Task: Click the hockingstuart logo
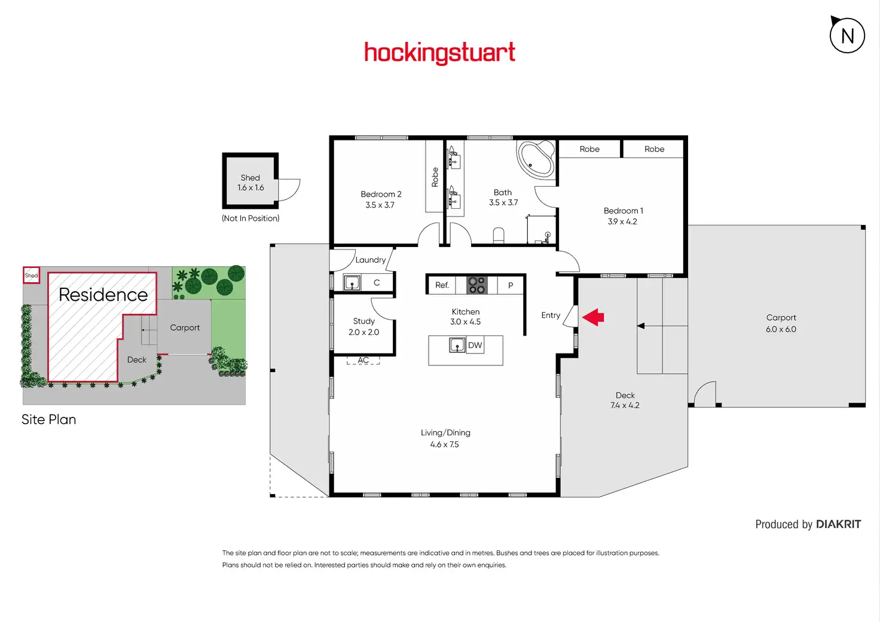tap(439, 53)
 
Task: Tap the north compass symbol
tap(847, 35)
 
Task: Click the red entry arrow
tap(594, 317)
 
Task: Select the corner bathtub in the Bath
tap(536, 158)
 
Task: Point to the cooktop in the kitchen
tap(476, 285)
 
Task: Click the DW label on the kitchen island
tap(475, 345)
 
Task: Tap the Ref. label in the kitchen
tap(442, 285)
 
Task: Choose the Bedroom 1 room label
tap(623, 211)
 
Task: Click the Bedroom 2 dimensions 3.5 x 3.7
tap(380, 205)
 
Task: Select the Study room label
tap(363, 321)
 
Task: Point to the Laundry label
tap(370, 260)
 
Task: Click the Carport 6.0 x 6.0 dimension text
tap(781, 330)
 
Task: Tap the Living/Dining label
tap(445, 432)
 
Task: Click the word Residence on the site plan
tap(103, 294)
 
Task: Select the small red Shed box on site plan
tap(31, 275)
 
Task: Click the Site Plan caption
tap(48, 419)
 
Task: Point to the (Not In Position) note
tap(250, 218)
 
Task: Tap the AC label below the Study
tap(363, 360)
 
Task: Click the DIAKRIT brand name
tap(838, 525)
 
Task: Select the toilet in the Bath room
tap(499, 235)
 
